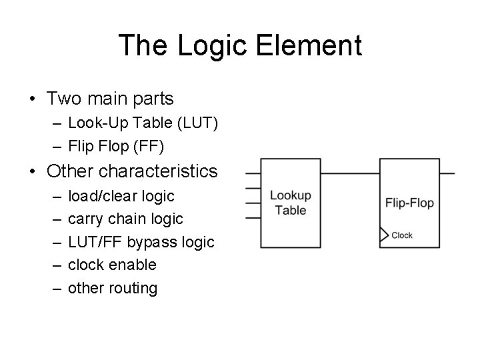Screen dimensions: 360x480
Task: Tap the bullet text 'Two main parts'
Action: [x=110, y=99]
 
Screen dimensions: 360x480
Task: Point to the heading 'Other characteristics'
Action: [x=132, y=171]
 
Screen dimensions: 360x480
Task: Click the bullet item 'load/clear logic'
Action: [x=121, y=196]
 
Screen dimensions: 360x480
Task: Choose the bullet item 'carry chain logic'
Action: [x=125, y=219]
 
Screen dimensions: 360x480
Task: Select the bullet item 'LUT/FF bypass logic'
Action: [x=141, y=242]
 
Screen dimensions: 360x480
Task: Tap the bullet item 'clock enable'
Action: [x=112, y=265]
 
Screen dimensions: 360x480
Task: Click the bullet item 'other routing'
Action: [x=113, y=288]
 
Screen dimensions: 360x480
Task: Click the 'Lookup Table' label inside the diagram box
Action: [x=290, y=203]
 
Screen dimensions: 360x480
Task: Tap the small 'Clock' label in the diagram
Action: [x=402, y=235]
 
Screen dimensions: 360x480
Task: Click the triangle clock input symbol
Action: [x=384, y=235]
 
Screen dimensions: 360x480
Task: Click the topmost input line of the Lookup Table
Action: [x=253, y=173]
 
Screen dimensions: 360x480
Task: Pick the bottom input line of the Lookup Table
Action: [x=253, y=217]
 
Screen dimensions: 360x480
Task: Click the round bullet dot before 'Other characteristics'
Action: [x=33, y=172]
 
